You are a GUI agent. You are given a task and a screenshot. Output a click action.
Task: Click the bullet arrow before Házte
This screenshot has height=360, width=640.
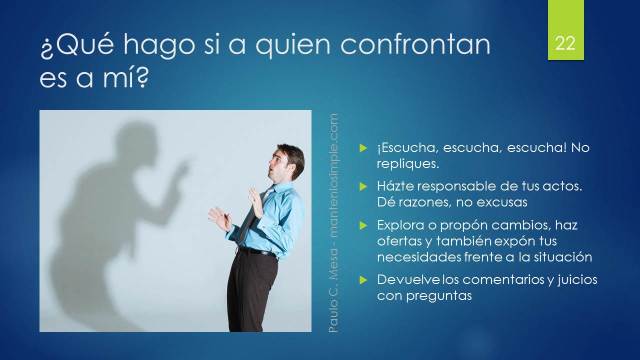[x=365, y=187]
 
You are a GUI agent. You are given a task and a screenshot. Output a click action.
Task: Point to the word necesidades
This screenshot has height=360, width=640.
[x=420, y=257]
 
